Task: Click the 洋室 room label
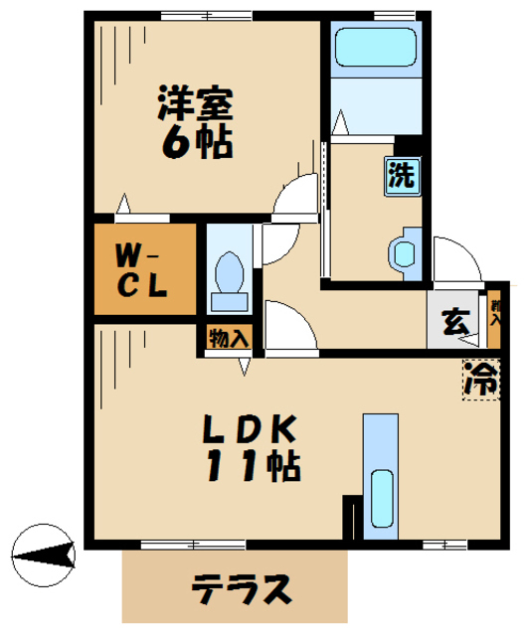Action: [195, 102]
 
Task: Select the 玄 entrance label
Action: [454, 322]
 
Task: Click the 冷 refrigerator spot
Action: [480, 379]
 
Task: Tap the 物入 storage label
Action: [229, 338]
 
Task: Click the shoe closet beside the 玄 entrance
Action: [494, 321]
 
